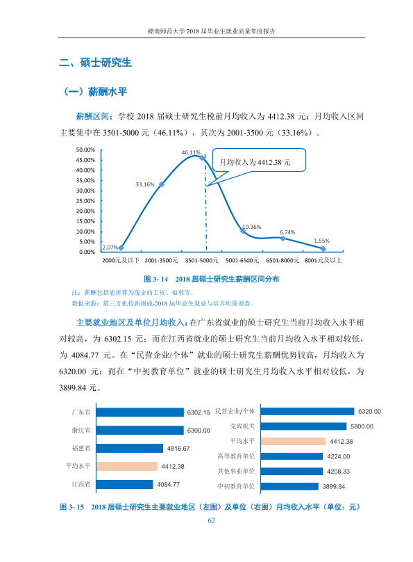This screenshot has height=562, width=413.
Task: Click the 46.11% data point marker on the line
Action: [202, 158]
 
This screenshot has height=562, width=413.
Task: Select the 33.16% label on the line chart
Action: [145, 184]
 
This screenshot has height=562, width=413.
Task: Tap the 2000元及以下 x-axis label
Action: [121, 260]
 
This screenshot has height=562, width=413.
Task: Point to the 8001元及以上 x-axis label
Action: [323, 260]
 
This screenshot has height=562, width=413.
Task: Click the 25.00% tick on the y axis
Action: [85, 201]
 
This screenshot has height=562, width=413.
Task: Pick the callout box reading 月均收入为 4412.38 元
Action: [259, 160]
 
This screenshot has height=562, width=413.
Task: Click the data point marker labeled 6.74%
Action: [283, 239]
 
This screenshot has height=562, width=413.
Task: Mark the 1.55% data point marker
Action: [323, 248]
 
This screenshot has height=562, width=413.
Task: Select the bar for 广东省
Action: [140, 412]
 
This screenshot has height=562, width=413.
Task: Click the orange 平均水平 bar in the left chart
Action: [127, 466]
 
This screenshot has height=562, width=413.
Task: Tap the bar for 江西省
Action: [124, 484]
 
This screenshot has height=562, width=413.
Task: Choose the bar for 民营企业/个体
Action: [307, 411]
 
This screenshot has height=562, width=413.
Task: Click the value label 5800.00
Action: [362, 426]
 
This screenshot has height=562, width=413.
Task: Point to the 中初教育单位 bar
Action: [289, 486]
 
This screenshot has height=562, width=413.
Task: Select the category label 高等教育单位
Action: [236, 456]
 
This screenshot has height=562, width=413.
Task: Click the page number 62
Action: [211, 520]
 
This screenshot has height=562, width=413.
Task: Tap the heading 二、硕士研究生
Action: [95, 63]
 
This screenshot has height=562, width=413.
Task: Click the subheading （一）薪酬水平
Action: [95, 92]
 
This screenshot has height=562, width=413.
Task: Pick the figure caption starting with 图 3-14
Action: [211, 279]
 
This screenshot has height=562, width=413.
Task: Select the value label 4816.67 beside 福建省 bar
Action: [178, 449]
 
